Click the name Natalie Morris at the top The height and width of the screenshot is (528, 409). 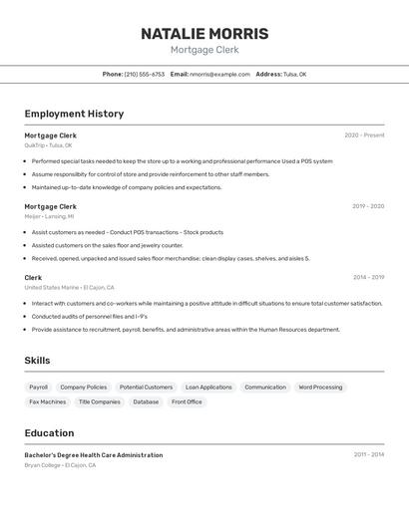[x=204, y=33]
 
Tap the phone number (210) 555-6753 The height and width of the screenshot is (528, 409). [x=145, y=74]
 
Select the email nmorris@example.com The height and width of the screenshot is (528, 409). [x=219, y=74]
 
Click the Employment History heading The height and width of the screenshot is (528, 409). [x=74, y=114]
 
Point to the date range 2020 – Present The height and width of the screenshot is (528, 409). [x=364, y=135]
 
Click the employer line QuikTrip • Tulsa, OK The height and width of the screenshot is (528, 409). [x=48, y=145]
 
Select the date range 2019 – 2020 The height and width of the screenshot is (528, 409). [x=367, y=206]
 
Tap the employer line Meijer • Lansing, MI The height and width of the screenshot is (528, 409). [x=49, y=216]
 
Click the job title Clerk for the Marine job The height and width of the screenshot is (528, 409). [x=33, y=277]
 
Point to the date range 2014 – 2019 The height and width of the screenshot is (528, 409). [x=368, y=277]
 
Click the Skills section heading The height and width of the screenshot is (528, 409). [x=37, y=361]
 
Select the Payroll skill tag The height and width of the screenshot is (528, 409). [x=38, y=387]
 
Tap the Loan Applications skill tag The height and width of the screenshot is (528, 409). [x=208, y=387]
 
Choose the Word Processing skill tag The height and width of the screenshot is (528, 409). [x=320, y=387]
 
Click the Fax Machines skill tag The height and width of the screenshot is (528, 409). [x=47, y=401]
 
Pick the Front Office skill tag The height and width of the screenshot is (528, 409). [x=187, y=401]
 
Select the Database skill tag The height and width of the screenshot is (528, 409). [x=146, y=401]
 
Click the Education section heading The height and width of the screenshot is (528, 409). [x=49, y=433]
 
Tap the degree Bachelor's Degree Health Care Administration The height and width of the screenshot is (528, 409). [x=93, y=455]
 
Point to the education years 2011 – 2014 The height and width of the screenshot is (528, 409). [x=368, y=454]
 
